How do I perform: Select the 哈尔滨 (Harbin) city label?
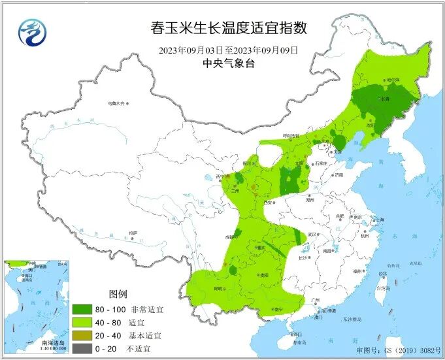[393, 80]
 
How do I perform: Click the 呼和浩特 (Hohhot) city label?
[290, 136]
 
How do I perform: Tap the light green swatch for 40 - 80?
[82, 323]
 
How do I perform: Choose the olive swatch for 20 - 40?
[82, 335]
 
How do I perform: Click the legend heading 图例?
[118, 293]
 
